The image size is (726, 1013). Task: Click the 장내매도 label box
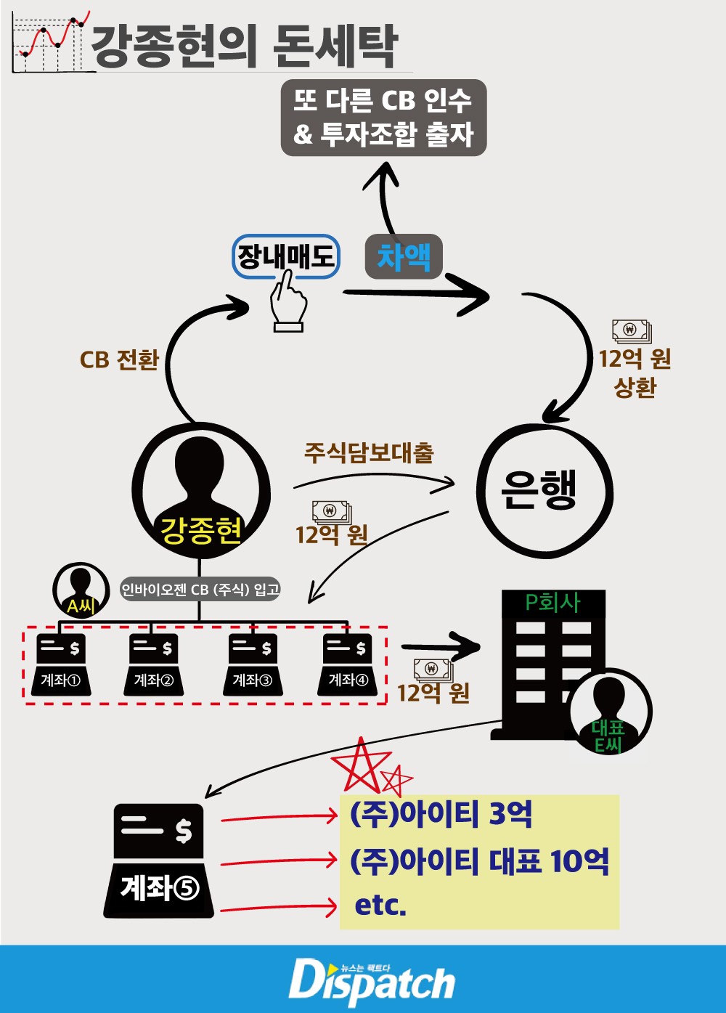coord(286,256)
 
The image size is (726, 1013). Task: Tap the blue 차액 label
coord(404,256)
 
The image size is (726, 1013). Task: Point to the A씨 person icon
coord(80,589)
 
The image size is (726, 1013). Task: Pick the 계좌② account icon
coord(153,664)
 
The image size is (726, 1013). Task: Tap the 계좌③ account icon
coord(252,664)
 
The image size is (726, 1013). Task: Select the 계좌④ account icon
coord(347,664)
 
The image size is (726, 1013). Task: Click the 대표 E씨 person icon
coord(609,711)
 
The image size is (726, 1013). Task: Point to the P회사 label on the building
coord(552,602)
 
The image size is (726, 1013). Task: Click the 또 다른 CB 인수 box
coord(383,118)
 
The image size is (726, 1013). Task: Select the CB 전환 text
coord(119,360)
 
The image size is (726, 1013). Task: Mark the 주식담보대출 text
coord(368,453)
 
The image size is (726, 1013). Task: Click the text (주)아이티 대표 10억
coord(479,861)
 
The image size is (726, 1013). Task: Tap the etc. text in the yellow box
coord(380,905)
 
